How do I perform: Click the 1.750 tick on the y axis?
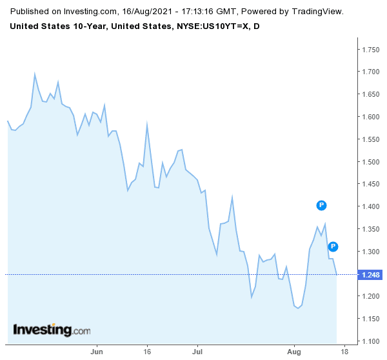coord(370,49)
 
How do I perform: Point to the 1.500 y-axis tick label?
coord(370,162)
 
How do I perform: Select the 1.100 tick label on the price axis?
coord(370,341)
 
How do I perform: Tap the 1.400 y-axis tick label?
coord(370,207)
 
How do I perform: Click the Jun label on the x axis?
coord(97,353)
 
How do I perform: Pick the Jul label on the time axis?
coord(197,353)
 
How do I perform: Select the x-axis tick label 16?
coord(147,353)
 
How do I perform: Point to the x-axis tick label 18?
coord(345,353)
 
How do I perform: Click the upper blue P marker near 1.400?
coord(322,205)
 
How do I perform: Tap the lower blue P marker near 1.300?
coord(333,246)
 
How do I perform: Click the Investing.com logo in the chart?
coord(52,330)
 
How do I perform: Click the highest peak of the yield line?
coord(34,74)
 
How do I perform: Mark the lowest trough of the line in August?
coord(298,308)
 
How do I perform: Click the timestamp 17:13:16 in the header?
coord(184,12)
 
